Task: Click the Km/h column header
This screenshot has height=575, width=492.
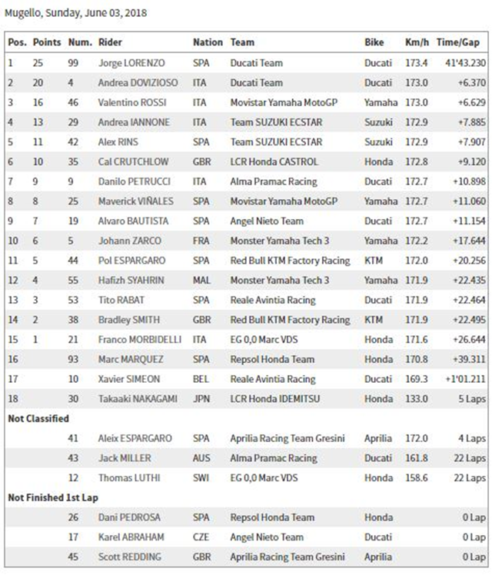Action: [417, 42]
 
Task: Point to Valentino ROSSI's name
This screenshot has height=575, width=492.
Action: [132, 102]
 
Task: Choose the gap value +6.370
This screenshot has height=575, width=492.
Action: [470, 82]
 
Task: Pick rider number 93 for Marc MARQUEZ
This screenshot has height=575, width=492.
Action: [75, 359]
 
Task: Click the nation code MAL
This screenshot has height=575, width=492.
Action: [202, 280]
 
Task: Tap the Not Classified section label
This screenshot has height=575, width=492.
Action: [38, 418]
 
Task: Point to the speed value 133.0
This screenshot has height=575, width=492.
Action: [417, 398]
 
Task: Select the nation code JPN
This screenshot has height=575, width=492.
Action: [201, 398]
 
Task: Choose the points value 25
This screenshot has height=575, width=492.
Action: [38, 62]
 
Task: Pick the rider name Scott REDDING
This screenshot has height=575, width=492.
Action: [129, 557]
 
